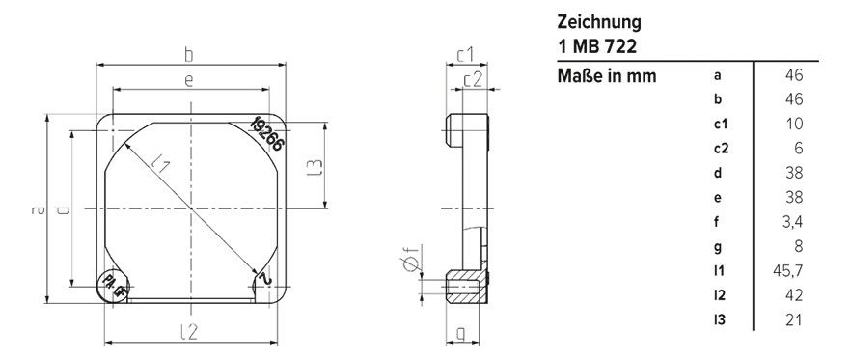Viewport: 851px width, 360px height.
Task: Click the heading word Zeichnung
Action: [599, 22]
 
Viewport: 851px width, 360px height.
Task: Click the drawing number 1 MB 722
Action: [597, 46]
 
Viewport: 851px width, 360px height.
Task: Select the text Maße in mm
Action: [607, 76]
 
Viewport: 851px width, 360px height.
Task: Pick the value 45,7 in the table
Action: [789, 271]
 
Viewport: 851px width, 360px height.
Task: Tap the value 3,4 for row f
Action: [792, 222]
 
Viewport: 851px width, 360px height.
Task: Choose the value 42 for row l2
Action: [793, 295]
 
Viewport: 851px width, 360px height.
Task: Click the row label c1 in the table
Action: [720, 125]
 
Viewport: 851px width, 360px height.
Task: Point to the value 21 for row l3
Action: [794, 319]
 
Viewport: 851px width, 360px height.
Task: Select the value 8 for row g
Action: [798, 246]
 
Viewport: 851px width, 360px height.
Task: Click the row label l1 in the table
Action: [719, 271]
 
